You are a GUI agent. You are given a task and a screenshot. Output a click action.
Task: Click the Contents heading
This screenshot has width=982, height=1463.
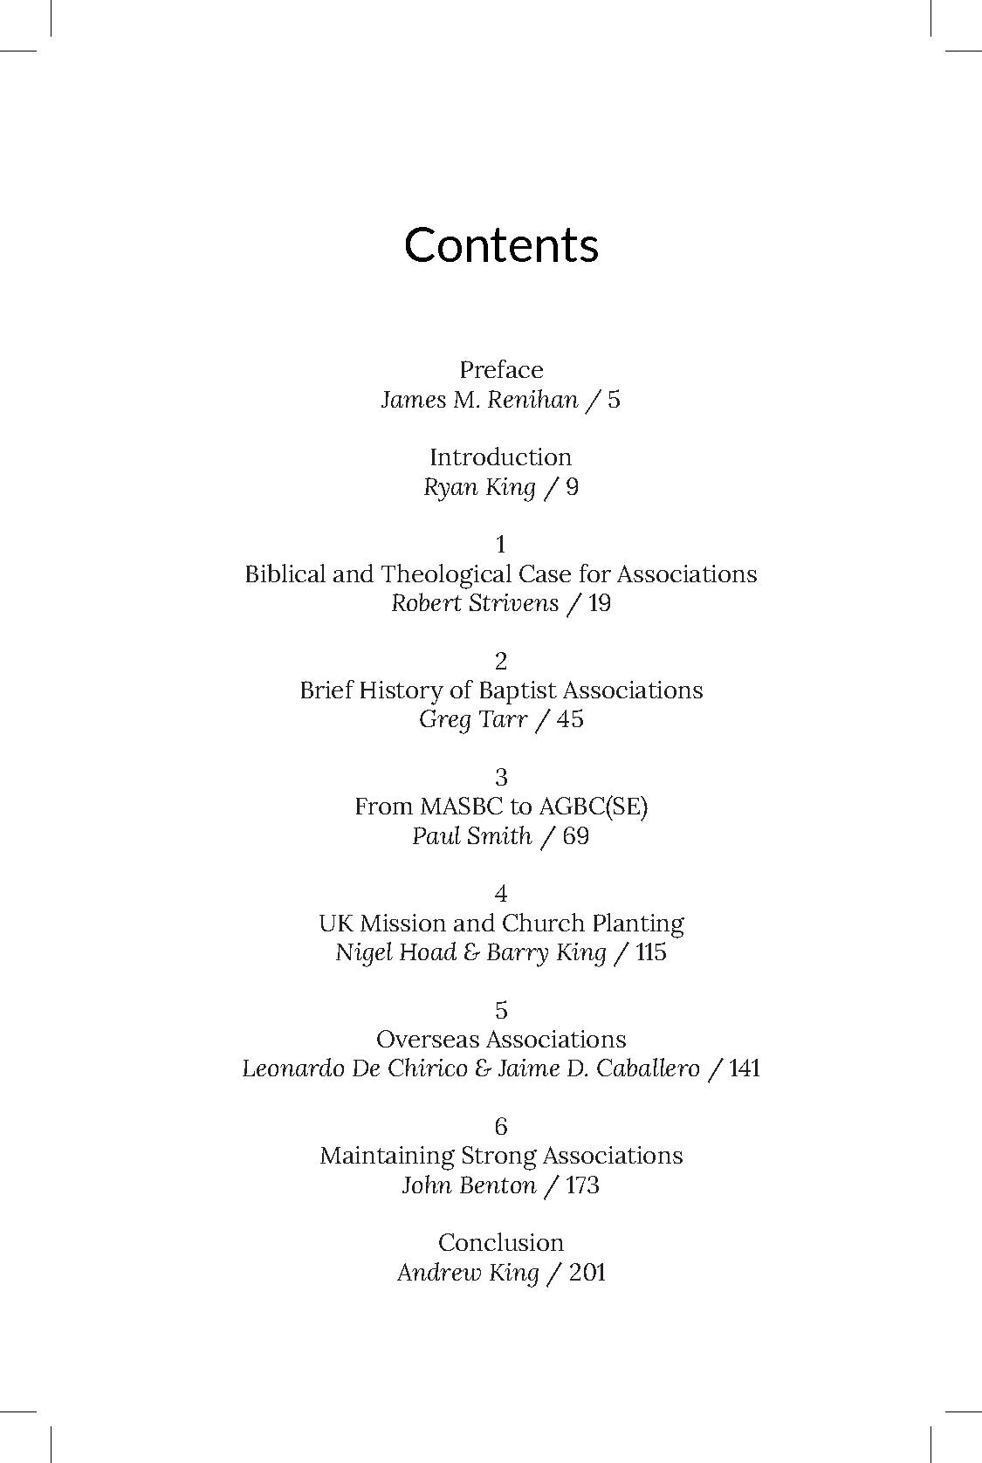(501, 245)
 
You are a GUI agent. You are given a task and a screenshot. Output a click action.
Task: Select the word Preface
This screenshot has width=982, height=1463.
(501, 370)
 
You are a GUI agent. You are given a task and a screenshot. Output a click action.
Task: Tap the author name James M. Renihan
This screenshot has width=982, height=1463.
(479, 400)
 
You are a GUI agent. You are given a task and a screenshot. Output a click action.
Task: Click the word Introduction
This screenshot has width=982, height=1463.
(500, 457)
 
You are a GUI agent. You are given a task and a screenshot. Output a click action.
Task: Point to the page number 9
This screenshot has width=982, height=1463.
(572, 487)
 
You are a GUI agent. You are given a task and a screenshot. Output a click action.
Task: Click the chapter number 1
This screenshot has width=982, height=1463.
(500, 545)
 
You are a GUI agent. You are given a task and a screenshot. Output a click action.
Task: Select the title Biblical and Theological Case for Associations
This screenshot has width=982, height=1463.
(500, 574)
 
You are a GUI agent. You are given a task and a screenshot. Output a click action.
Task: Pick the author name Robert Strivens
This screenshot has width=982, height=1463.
(474, 603)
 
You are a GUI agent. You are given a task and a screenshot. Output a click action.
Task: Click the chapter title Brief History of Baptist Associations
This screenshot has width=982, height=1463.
(500, 690)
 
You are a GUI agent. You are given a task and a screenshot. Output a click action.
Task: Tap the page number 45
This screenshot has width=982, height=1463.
(569, 720)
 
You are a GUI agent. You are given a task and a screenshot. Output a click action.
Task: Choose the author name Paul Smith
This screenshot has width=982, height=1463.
(471, 836)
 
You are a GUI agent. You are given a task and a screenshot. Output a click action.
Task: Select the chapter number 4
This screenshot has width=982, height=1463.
(500, 894)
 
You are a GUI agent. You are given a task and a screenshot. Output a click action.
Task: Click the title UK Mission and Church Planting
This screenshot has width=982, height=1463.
(500, 924)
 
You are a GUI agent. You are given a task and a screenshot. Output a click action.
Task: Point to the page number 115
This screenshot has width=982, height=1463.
(651, 952)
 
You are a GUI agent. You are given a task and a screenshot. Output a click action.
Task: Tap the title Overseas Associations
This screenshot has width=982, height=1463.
(500, 1040)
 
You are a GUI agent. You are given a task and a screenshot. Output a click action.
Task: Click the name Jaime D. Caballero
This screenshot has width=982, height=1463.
(598, 1068)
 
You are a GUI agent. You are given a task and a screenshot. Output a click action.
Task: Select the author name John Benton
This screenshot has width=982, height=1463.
(469, 1185)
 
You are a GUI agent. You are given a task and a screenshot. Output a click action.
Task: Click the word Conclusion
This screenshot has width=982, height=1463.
(500, 1243)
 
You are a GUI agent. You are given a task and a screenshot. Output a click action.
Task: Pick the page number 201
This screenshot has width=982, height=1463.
(587, 1273)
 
